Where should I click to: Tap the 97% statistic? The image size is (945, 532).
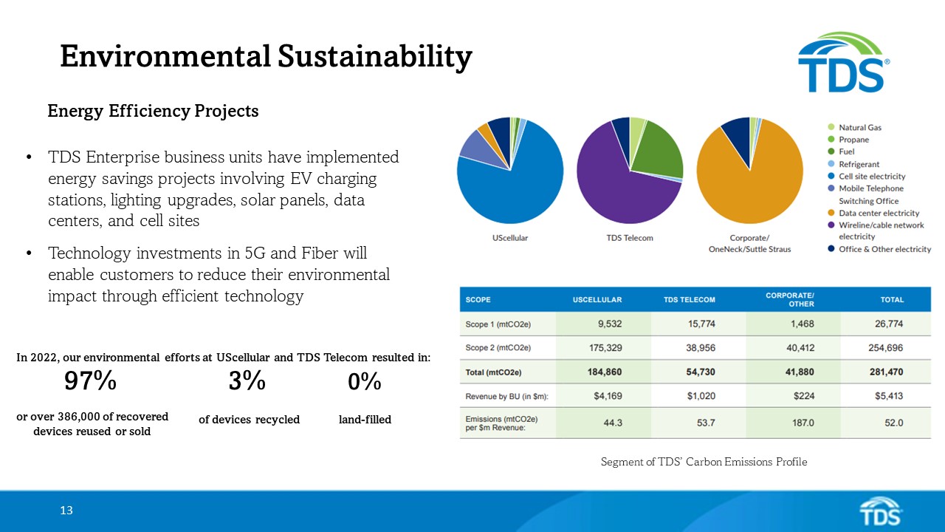(x=90, y=381)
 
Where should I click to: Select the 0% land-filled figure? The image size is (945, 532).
(x=364, y=382)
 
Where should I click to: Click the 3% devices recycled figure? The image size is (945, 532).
(x=247, y=381)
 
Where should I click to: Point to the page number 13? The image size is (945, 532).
(x=66, y=511)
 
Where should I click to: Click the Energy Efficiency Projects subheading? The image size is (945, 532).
(x=153, y=111)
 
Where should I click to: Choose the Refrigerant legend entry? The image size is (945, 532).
(x=859, y=164)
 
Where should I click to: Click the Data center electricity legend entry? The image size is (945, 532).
(x=879, y=213)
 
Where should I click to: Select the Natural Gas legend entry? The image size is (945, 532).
(x=859, y=128)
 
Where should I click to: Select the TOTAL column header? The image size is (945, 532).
(x=891, y=300)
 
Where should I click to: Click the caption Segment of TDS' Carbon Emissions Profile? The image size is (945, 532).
(x=704, y=462)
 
